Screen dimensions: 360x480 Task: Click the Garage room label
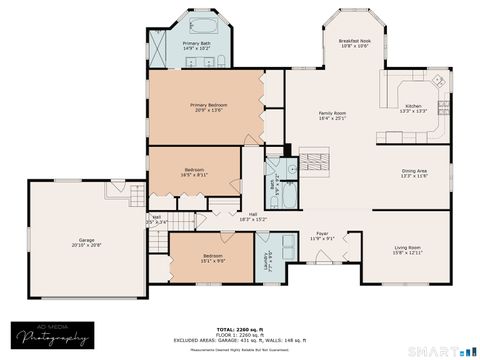point(88,240)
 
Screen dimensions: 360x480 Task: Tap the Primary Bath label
point(197,44)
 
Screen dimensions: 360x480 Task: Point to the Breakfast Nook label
point(355,41)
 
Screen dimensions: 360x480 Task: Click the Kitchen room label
point(414,105)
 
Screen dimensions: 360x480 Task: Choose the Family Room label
point(332,114)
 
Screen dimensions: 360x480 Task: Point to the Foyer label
point(323,233)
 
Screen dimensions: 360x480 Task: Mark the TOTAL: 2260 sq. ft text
point(240,329)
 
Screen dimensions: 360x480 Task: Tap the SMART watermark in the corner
point(444,350)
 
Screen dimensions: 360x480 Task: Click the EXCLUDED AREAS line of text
point(240,341)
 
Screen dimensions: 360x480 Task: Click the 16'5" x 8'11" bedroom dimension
point(194,174)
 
